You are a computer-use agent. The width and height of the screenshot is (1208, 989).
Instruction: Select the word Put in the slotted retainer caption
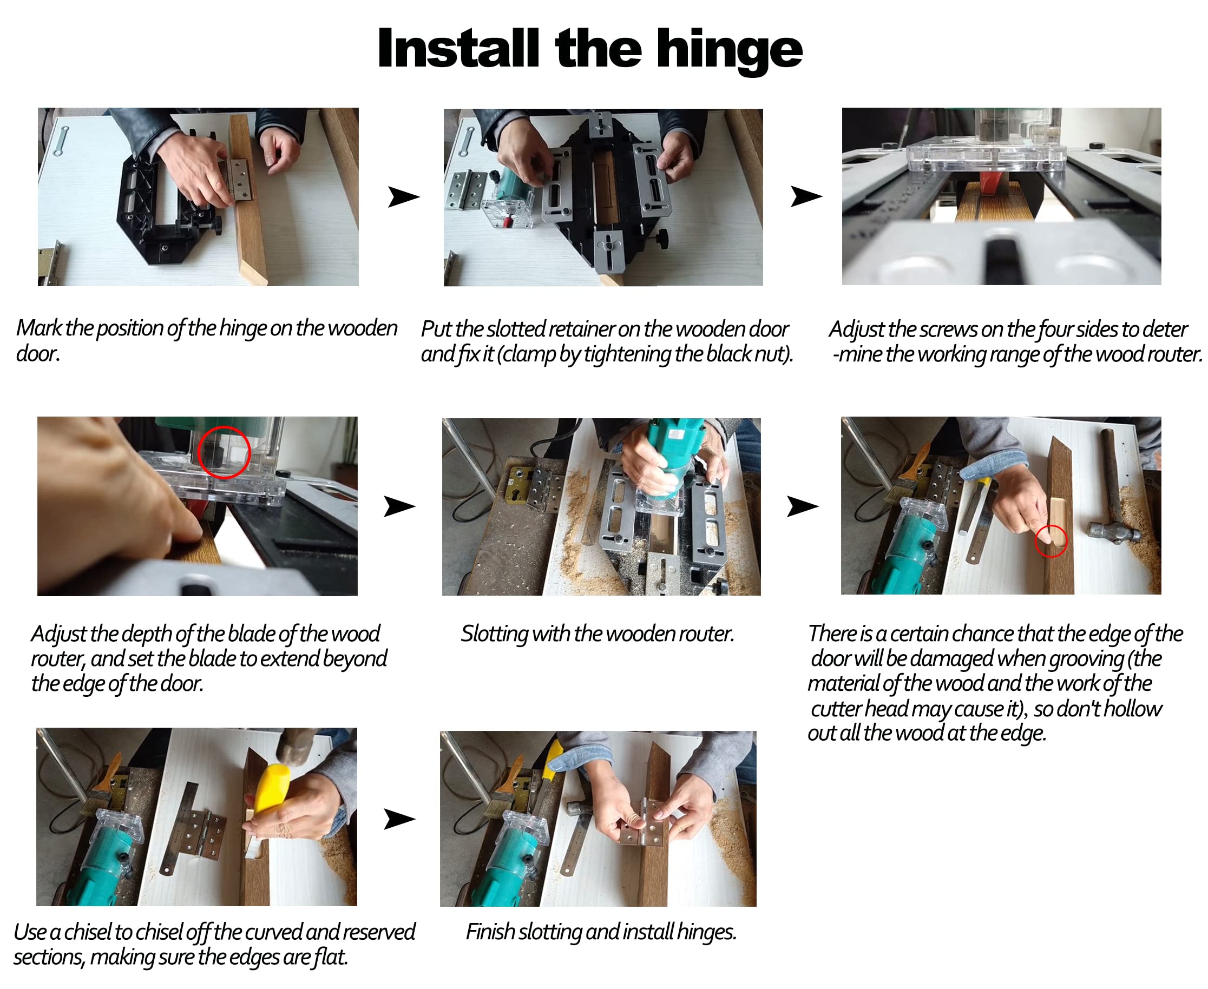pos(436,329)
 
